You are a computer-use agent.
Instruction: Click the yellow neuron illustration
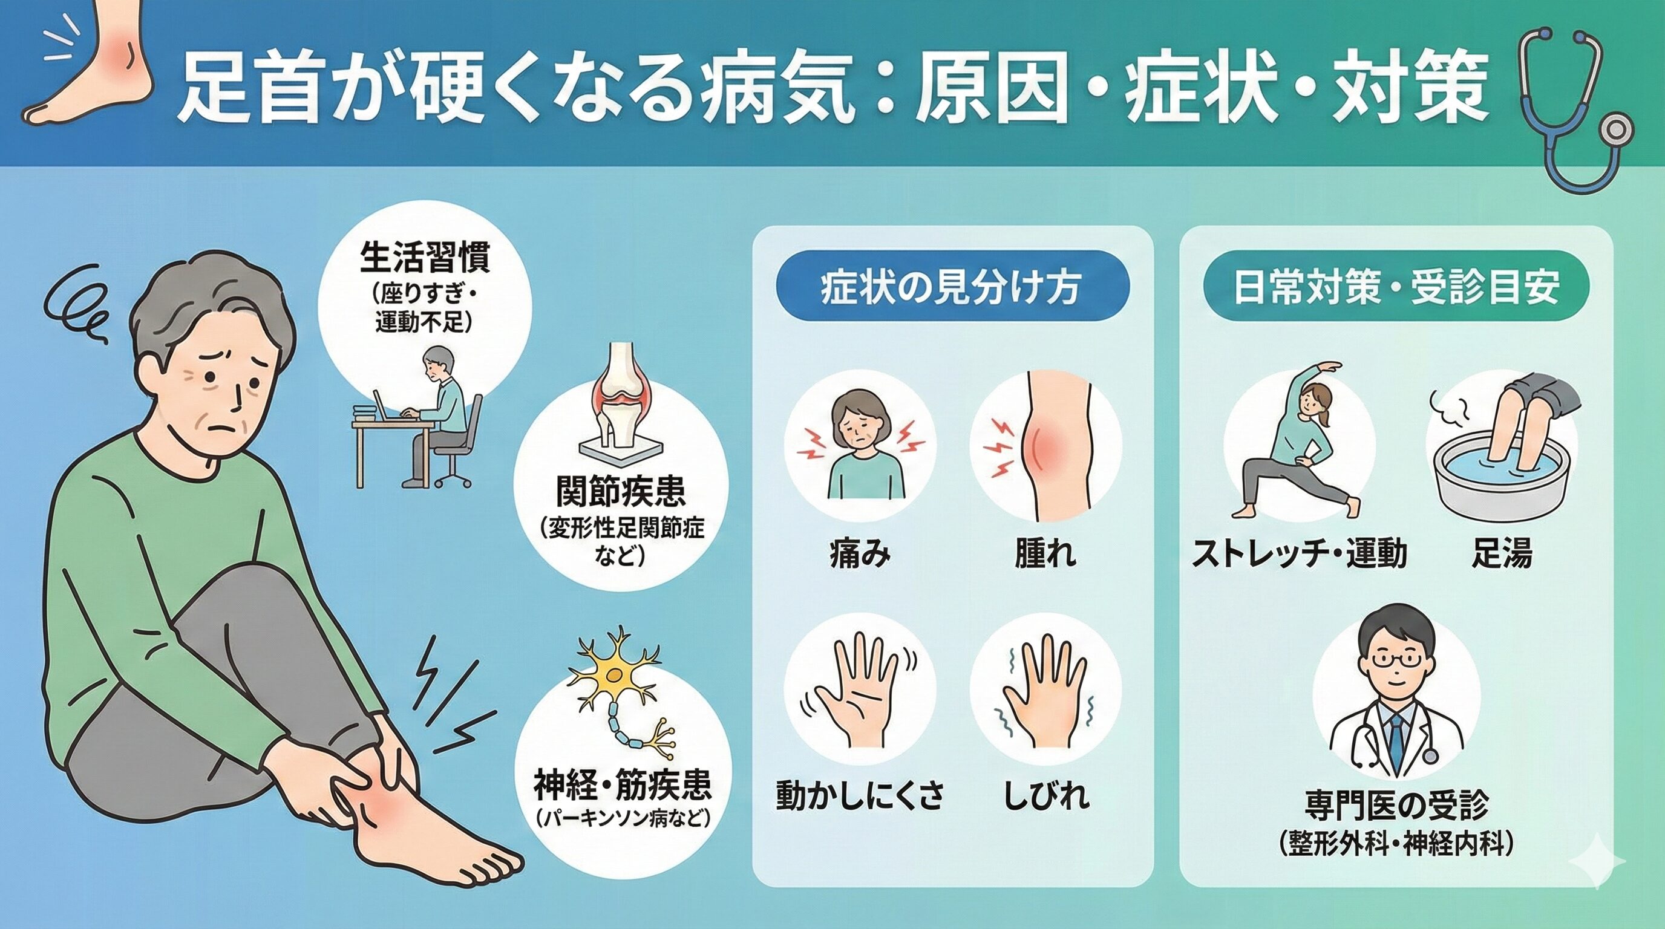pyautogui.click(x=617, y=691)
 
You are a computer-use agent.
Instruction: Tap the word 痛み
pyautogui.click(x=860, y=554)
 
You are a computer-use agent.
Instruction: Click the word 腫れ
pyautogui.click(x=1045, y=554)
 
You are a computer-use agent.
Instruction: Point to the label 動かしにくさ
pyautogui.click(x=860, y=796)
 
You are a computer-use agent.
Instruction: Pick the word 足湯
pyautogui.click(x=1502, y=553)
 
